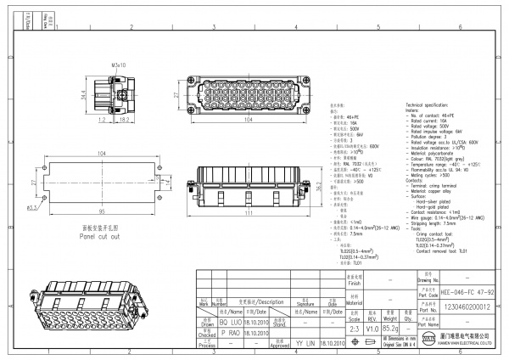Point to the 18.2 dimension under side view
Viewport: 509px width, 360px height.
point(123,121)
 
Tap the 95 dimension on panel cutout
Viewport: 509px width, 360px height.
point(102,211)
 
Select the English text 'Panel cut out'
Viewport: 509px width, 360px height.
point(101,237)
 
